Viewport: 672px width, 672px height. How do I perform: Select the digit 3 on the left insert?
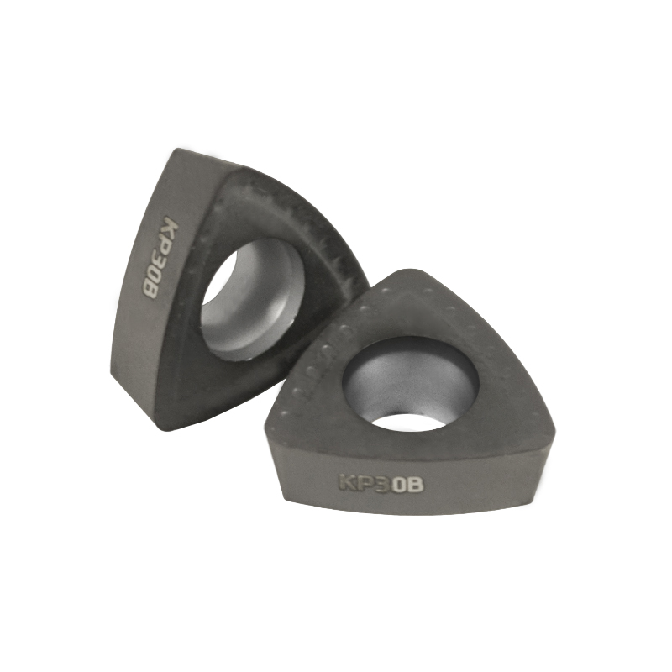161,263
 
